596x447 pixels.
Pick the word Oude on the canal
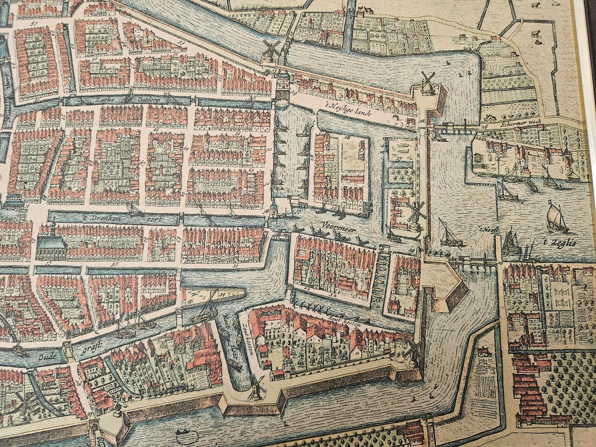click(x=47, y=357)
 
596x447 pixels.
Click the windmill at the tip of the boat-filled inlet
click(x=257, y=387)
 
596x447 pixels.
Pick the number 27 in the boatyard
click(x=398, y=159)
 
